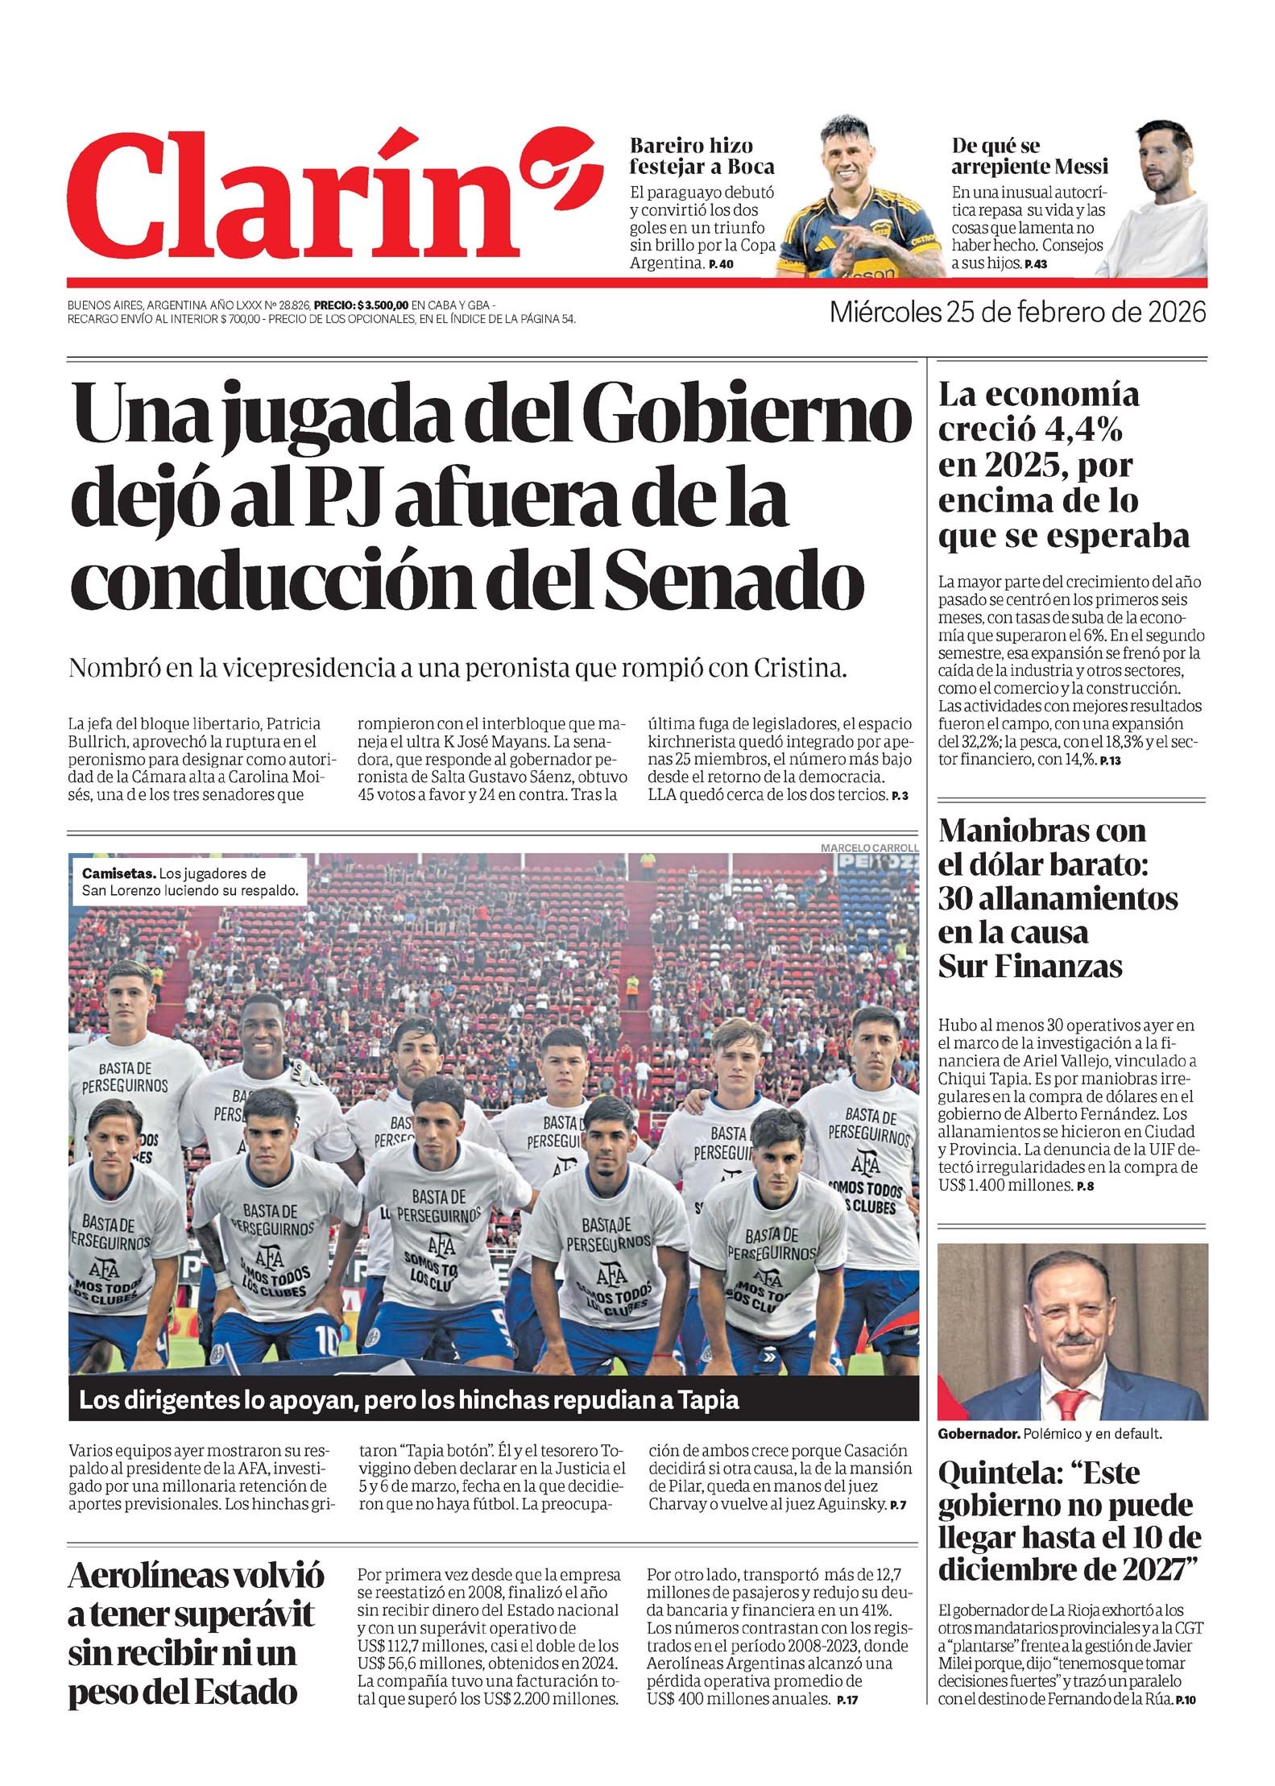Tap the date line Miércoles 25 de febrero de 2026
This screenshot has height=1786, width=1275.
[x=1018, y=312]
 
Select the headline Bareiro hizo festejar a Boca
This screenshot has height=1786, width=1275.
[x=702, y=156]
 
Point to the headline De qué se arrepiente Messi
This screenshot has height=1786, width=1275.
[x=1029, y=156]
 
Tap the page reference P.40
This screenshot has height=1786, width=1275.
[x=721, y=264]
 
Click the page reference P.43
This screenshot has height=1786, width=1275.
[x=1035, y=264]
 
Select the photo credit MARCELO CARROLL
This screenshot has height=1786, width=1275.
[x=868, y=847]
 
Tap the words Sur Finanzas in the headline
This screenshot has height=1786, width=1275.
[x=1029, y=966]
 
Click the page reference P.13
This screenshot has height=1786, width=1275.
[x=1110, y=760]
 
